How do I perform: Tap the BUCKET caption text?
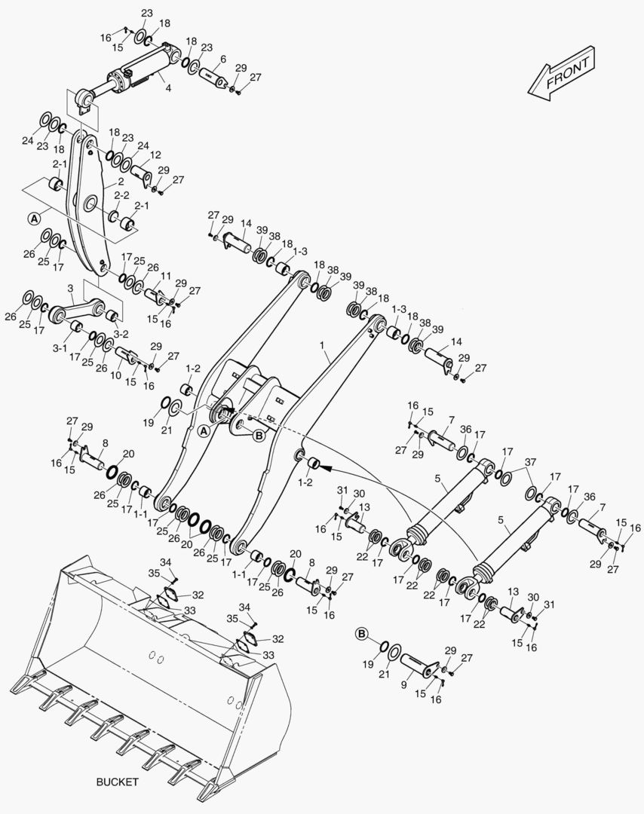click(118, 782)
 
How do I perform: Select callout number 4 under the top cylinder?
click(168, 88)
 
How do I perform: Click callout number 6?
click(223, 60)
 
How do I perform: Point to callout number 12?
click(155, 155)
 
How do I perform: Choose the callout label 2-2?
click(121, 195)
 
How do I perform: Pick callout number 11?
click(165, 276)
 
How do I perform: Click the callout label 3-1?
click(60, 348)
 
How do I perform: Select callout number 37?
click(530, 462)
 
